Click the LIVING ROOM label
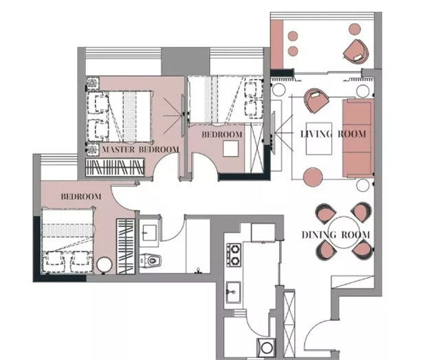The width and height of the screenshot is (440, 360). tap(333, 134)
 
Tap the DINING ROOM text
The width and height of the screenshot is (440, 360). tap(336, 235)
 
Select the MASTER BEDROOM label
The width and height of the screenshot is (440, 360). tap(140, 150)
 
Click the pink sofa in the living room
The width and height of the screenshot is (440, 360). tap(358, 138)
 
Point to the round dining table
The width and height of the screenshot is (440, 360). tap(343, 232)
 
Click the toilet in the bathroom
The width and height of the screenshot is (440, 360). tap(151, 261)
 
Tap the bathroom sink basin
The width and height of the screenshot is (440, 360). tap(149, 232)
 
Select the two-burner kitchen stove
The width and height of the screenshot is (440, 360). tap(234, 255)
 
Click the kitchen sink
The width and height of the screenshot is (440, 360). tap(234, 293)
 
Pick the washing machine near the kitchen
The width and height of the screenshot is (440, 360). tap(266, 348)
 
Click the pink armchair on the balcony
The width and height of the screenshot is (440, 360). tap(356, 51)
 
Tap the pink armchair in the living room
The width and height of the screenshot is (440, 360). tap(316, 100)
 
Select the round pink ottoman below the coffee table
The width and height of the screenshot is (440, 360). tap(313, 177)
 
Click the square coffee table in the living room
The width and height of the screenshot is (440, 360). tap(319, 139)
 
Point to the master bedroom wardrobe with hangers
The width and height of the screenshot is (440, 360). tap(115, 168)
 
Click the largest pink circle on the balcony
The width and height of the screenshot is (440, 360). tap(355, 29)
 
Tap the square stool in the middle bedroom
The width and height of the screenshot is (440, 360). tap(231, 148)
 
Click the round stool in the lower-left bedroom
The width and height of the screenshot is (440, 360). tap(104, 265)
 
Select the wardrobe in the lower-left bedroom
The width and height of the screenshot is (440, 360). tap(125, 247)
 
